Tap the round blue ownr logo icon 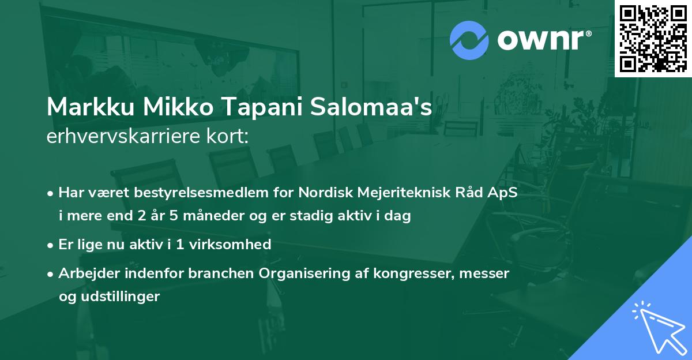[x=469, y=40]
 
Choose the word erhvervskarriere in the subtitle [x=123, y=137]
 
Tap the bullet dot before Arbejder [x=51, y=274]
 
